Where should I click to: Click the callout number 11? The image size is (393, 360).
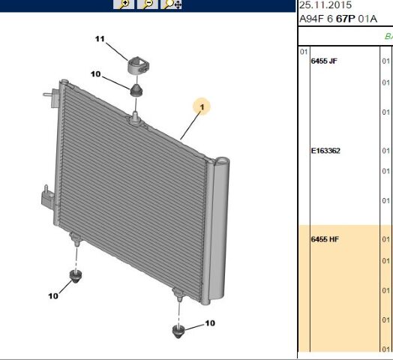[100, 39]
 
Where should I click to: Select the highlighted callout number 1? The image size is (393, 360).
[202, 106]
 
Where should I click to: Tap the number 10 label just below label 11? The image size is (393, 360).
[95, 74]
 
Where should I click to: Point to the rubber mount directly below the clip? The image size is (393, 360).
[136, 90]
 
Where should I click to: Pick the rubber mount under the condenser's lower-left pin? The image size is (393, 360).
[75, 276]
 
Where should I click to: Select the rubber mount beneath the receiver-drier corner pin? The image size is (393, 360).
[178, 331]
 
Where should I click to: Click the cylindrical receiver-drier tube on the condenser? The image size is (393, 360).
[217, 229]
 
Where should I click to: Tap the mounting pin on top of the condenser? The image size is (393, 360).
[135, 118]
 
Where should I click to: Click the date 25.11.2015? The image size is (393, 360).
[325, 5]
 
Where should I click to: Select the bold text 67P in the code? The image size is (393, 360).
[346, 19]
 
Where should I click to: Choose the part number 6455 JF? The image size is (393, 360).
[324, 61]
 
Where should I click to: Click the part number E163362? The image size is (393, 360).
[325, 151]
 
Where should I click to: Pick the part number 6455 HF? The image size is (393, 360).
[325, 239]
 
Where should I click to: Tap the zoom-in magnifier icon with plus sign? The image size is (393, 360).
[124, 4]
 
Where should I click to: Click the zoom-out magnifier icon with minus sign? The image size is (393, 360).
[148, 4]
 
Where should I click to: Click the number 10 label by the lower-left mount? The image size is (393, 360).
[53, 296]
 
